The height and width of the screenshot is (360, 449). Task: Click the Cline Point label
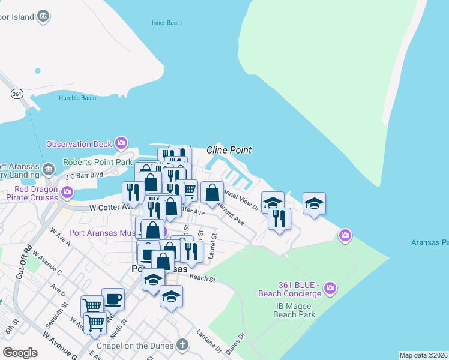coord(229,150)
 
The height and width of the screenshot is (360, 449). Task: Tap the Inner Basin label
coord(164,24)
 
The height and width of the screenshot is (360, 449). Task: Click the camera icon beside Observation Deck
coord(121,143)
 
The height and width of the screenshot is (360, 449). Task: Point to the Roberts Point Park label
coord(98,162)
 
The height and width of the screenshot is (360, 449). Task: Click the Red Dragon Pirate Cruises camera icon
coord(67,193)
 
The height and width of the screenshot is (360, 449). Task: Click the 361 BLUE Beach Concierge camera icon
coord(330,290)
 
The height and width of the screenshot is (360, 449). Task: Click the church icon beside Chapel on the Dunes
coord(182,345)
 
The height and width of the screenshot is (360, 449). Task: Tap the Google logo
coord(20,353)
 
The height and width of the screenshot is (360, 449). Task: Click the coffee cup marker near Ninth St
coord(113,298)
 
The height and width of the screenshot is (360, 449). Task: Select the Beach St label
coord(202,278)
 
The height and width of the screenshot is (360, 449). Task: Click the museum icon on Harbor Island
coord(43,17)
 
